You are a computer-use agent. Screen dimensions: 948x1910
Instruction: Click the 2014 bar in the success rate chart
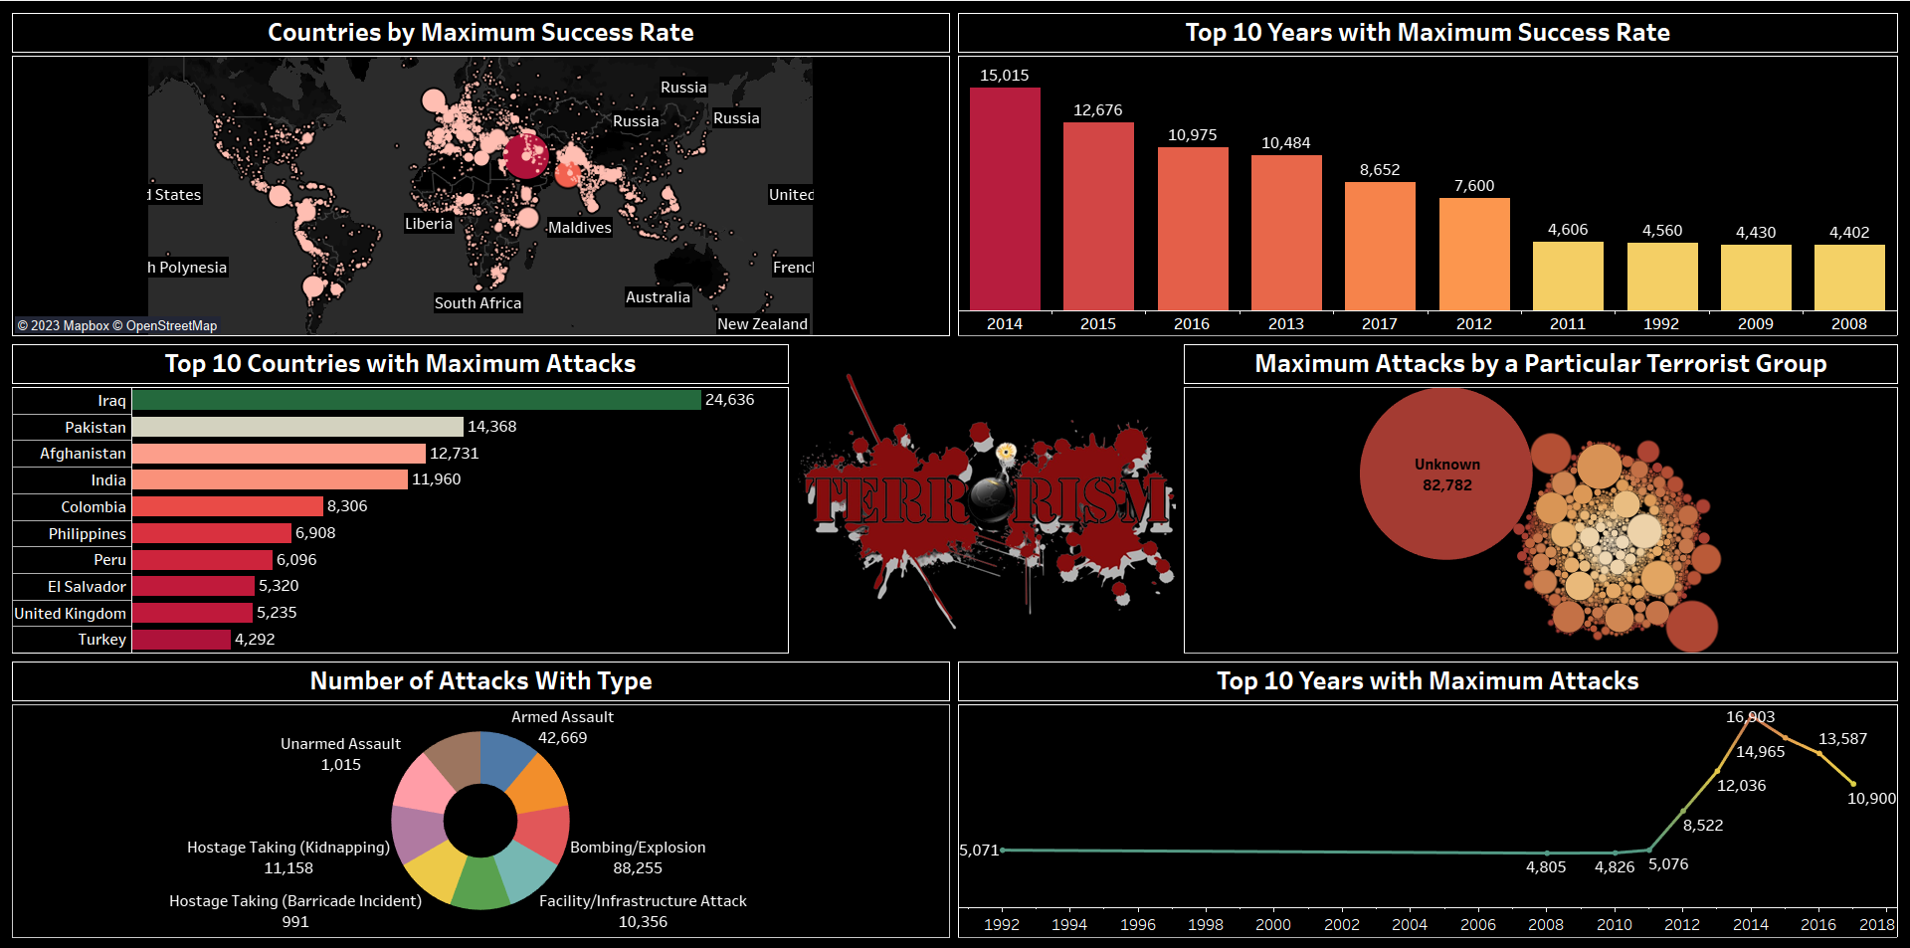[1005, 199]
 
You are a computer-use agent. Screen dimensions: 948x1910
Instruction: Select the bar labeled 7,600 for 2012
[1473, 254]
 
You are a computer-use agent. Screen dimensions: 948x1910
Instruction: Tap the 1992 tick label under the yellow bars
[1661, 323]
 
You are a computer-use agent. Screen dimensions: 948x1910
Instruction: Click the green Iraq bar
[416, 400]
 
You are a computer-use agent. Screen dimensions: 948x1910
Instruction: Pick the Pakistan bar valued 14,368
[297, 427]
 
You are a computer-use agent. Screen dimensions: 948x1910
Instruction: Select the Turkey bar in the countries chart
[181, 640]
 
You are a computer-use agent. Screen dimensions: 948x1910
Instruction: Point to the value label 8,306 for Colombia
[347, 506]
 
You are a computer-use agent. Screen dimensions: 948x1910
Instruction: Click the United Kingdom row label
[71, 614]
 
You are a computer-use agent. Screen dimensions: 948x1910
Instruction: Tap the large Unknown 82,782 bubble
[1445, 474]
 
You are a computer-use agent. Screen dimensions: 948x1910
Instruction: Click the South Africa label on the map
[477, 303]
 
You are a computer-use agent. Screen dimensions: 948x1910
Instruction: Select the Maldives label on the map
[580, 228]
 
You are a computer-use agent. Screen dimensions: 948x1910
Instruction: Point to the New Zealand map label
[762, 324]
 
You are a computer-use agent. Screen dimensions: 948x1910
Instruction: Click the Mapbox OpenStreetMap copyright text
[117, 325]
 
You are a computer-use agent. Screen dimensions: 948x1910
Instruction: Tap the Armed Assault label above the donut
[562, 717]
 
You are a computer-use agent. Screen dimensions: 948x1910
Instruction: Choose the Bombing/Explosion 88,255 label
[638, 857]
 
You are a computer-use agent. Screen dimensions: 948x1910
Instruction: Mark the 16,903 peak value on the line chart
[1750, 717]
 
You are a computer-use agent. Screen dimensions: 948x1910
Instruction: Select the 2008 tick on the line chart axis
[1546, 924]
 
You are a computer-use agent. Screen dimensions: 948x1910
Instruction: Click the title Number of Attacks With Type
[480, 681]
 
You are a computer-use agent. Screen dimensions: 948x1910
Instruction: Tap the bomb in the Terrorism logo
[991, 494]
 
